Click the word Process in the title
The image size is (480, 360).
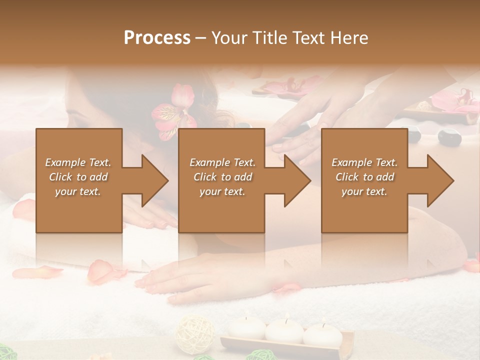(x=157, y=38)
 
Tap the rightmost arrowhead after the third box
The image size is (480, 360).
(x=439, y=180)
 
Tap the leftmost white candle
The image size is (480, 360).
(x=246, y=327)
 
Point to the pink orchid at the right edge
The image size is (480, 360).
(x=457, y=100)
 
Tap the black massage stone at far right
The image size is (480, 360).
(x=448, y=136)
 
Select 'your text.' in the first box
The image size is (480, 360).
(x=78, y=191)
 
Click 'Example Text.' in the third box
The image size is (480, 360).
(x=364, y=162)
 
